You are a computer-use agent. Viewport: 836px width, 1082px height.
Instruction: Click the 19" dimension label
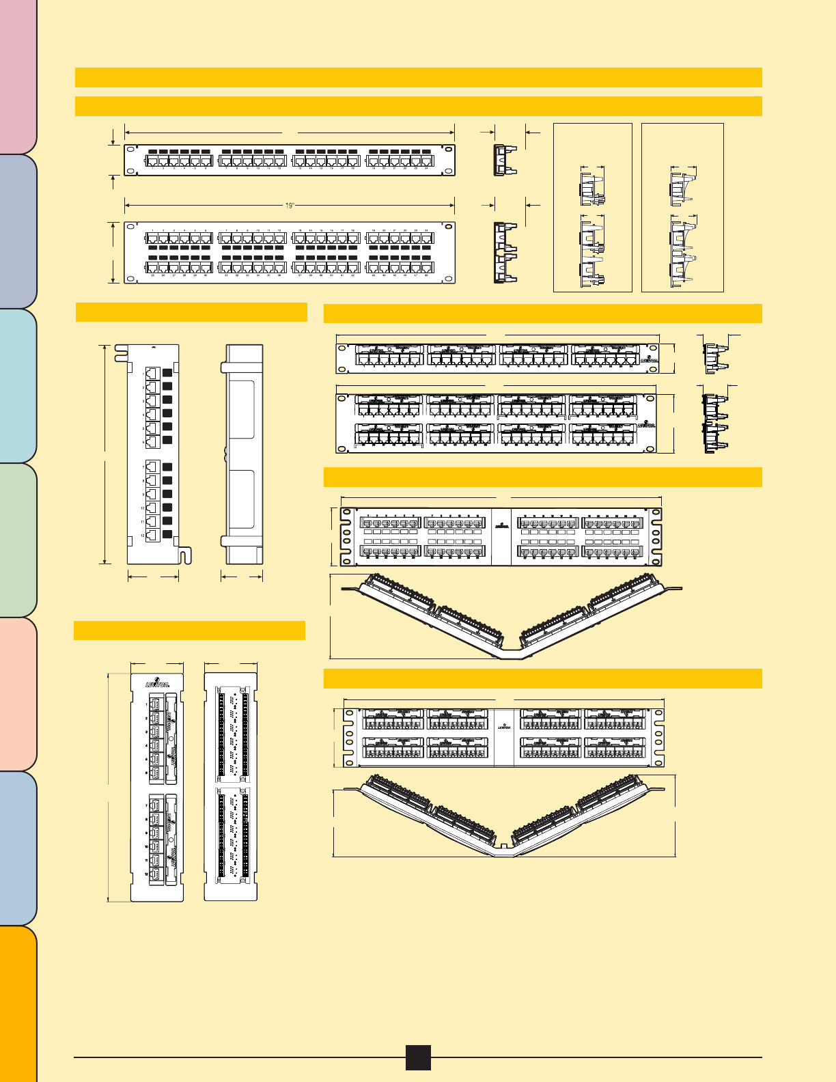click(290, 204)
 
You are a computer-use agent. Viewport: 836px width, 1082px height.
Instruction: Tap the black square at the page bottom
click(418, 1057)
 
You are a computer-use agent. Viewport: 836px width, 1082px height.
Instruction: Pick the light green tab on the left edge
click(18, 540)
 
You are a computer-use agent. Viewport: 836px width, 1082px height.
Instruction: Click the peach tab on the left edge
click(18, 694)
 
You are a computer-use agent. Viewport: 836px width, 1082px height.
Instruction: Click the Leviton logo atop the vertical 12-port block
click(156, 682)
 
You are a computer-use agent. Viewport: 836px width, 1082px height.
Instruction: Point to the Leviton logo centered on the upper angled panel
click(502, 527)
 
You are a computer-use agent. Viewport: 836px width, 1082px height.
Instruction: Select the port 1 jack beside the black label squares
click(152, 374)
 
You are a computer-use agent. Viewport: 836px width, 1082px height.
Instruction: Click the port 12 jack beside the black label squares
click(152, 536)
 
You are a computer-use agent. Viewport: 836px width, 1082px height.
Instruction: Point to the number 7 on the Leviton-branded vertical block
click(146, 806)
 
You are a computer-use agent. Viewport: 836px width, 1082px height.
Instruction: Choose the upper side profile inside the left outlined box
click(591, 189)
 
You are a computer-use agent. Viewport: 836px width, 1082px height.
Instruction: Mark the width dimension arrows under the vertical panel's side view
click(242, 577)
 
